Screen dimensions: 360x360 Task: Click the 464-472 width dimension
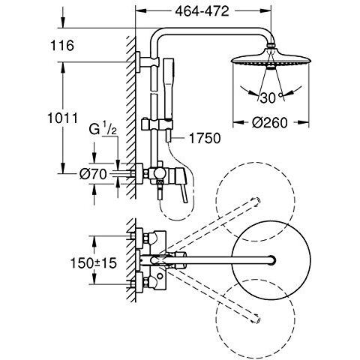[x=202, y=11]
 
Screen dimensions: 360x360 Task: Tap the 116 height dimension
[x=62, y=46]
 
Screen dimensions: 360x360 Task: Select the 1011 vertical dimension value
[x=63, y=118]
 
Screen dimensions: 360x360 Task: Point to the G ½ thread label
[x=103, y=130]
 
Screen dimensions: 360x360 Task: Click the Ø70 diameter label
[x=93, y=174]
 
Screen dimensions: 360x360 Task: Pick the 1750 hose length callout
[x=205, y=138]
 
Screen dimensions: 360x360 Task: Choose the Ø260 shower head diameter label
[x=270, y=123]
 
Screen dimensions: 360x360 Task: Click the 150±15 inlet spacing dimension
[x=94, y=263]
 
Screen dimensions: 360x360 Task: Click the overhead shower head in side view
[x=271, y=60]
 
